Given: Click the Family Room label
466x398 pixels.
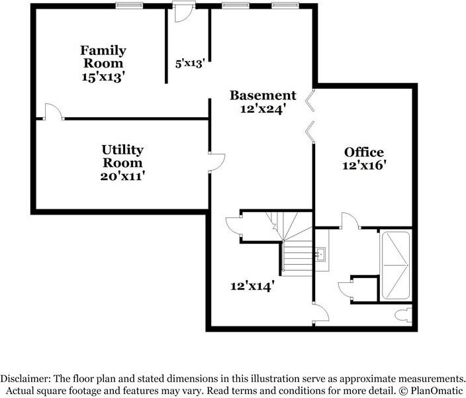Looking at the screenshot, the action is click(103, 57).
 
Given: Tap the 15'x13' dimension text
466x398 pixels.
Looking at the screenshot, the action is click(103, 77).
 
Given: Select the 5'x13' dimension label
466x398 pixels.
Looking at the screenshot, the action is click(190, 64).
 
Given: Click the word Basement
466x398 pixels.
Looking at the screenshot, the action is click(263, 95).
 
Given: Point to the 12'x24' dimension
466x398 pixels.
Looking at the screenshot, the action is click(263, 109).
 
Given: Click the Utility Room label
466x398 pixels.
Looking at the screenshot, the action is click(122, 156).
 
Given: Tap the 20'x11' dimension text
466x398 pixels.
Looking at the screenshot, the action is click(122, 176).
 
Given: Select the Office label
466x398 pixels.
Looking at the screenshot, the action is click(364, 152).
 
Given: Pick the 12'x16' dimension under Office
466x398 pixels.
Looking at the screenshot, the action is click(364, 166).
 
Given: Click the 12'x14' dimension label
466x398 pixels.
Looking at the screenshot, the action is click(252, 286).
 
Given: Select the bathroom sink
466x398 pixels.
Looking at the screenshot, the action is click(320, 253).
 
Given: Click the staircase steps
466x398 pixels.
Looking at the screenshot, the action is click(297, 257).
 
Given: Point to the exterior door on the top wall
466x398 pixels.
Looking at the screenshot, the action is click(184, 12).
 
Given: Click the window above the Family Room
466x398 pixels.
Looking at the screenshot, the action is click(129, 5).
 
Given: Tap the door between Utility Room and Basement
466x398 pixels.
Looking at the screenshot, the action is click(216, 162).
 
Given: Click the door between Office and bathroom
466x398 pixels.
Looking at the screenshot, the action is click(350, 221).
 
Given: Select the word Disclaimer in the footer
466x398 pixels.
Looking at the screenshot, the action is click(25, 379).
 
